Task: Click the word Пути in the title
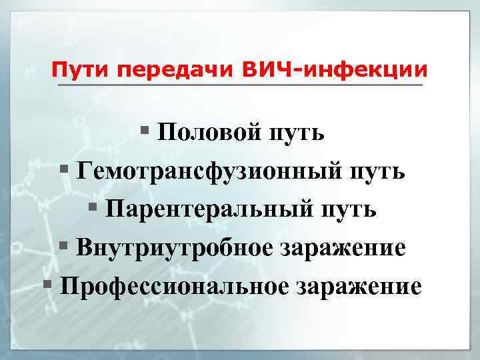pyautogui.click(x=77, y=69)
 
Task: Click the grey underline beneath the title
pyautogui.click(x=240, y=85)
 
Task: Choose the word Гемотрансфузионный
pyautogui.click(x=209, y=171)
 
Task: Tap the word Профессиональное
pyautogui.click(x=174, y=287)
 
